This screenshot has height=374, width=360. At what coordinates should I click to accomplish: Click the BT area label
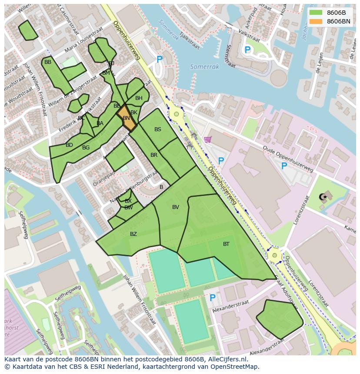(x=226, y=244)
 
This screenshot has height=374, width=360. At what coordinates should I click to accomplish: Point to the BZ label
(x=133, y=234)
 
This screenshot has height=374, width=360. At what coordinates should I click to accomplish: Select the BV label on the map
(x=176, y=207)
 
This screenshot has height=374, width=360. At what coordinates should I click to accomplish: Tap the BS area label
(x=158, y=129)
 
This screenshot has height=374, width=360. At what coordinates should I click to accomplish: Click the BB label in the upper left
(x=48, y=62)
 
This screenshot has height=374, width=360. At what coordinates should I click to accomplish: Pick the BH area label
(x=139, y=98)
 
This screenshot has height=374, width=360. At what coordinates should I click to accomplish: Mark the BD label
(x=69, y=145)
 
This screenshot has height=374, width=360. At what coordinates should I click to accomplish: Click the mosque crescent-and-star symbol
(x=323, y=197)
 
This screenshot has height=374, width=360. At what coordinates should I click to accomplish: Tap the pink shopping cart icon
(x=208, y=139)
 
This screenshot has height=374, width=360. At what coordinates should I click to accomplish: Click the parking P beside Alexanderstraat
(x=213, y=298)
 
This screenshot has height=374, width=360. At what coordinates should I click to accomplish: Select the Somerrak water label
(x=204, y=67)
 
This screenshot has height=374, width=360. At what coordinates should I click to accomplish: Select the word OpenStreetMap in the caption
(x=235, y=367)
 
